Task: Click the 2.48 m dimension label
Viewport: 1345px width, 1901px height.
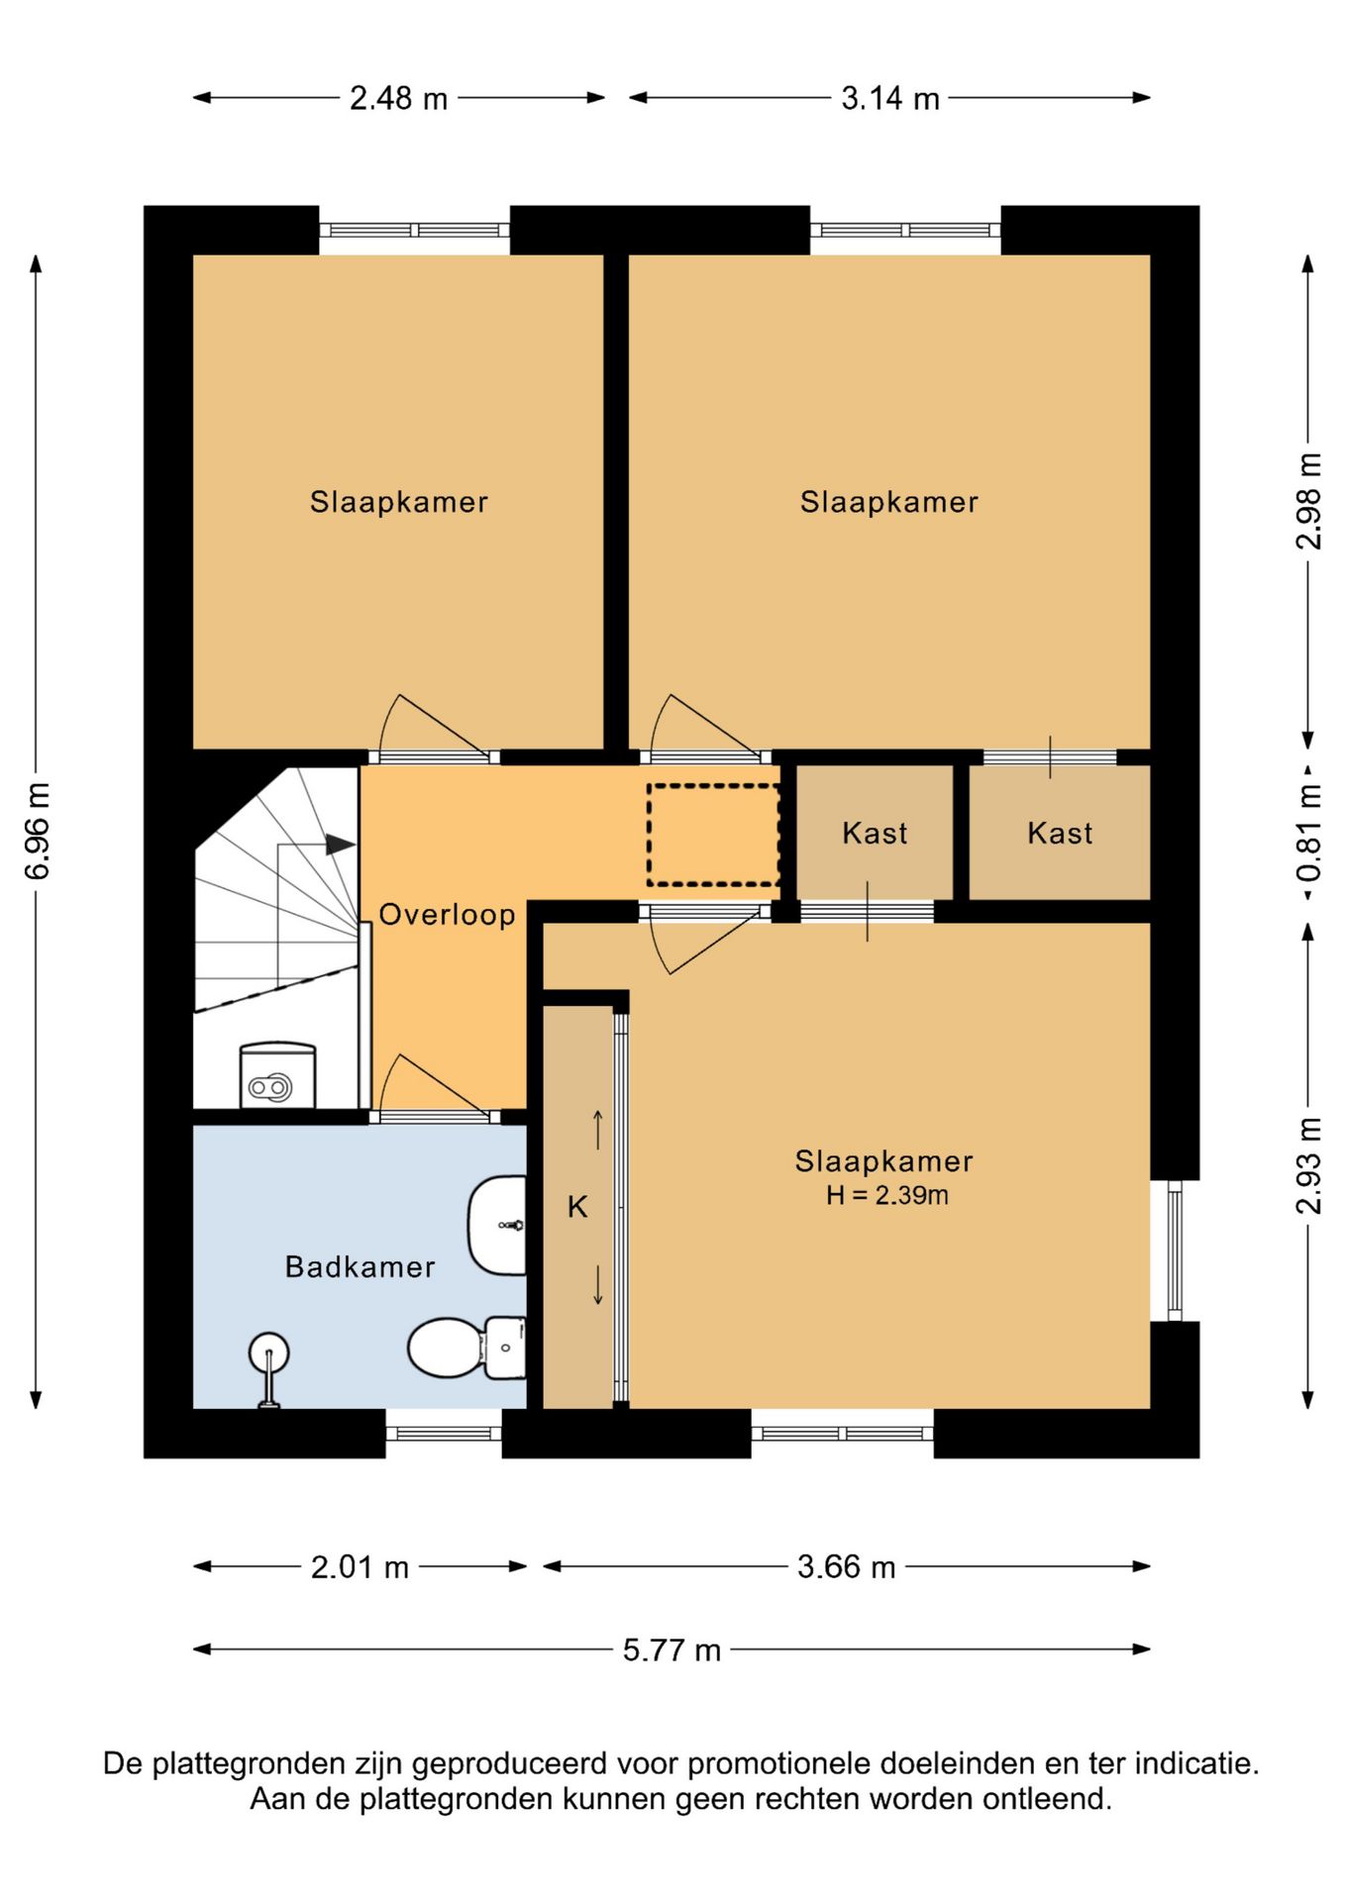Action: pos(398,98)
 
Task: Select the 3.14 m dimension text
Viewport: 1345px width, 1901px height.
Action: pos(889,98)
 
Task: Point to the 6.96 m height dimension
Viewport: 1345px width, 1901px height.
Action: pos(37,831)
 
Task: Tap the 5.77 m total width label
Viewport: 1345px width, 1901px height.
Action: pos(672,1650)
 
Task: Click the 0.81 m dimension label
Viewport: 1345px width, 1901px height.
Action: pos(1309,834)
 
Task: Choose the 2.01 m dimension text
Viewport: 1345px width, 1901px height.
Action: pos(360,1567)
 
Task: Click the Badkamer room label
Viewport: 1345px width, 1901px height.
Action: pos(360,1267)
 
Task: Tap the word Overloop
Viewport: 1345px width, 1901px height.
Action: pos(447,915)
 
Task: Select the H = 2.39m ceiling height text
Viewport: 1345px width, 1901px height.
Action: pos(887,1196)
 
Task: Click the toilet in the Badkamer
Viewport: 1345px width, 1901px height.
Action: pos(466,1348)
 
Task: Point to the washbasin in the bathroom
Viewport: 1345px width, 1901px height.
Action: pos(497,1226)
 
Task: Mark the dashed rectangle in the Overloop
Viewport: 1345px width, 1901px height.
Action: pos(713,835)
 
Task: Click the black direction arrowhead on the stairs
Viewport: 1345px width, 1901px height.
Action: pos(340,845)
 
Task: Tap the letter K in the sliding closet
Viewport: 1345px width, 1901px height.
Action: pos(577,1207)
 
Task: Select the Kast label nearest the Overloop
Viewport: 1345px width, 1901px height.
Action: pos(875,834)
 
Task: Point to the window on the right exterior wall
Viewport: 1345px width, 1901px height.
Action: pos(1175,1251)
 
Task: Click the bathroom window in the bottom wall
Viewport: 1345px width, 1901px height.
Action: pos(444,1434)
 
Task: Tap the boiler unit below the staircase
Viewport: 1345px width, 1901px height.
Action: pos(277,1075)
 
